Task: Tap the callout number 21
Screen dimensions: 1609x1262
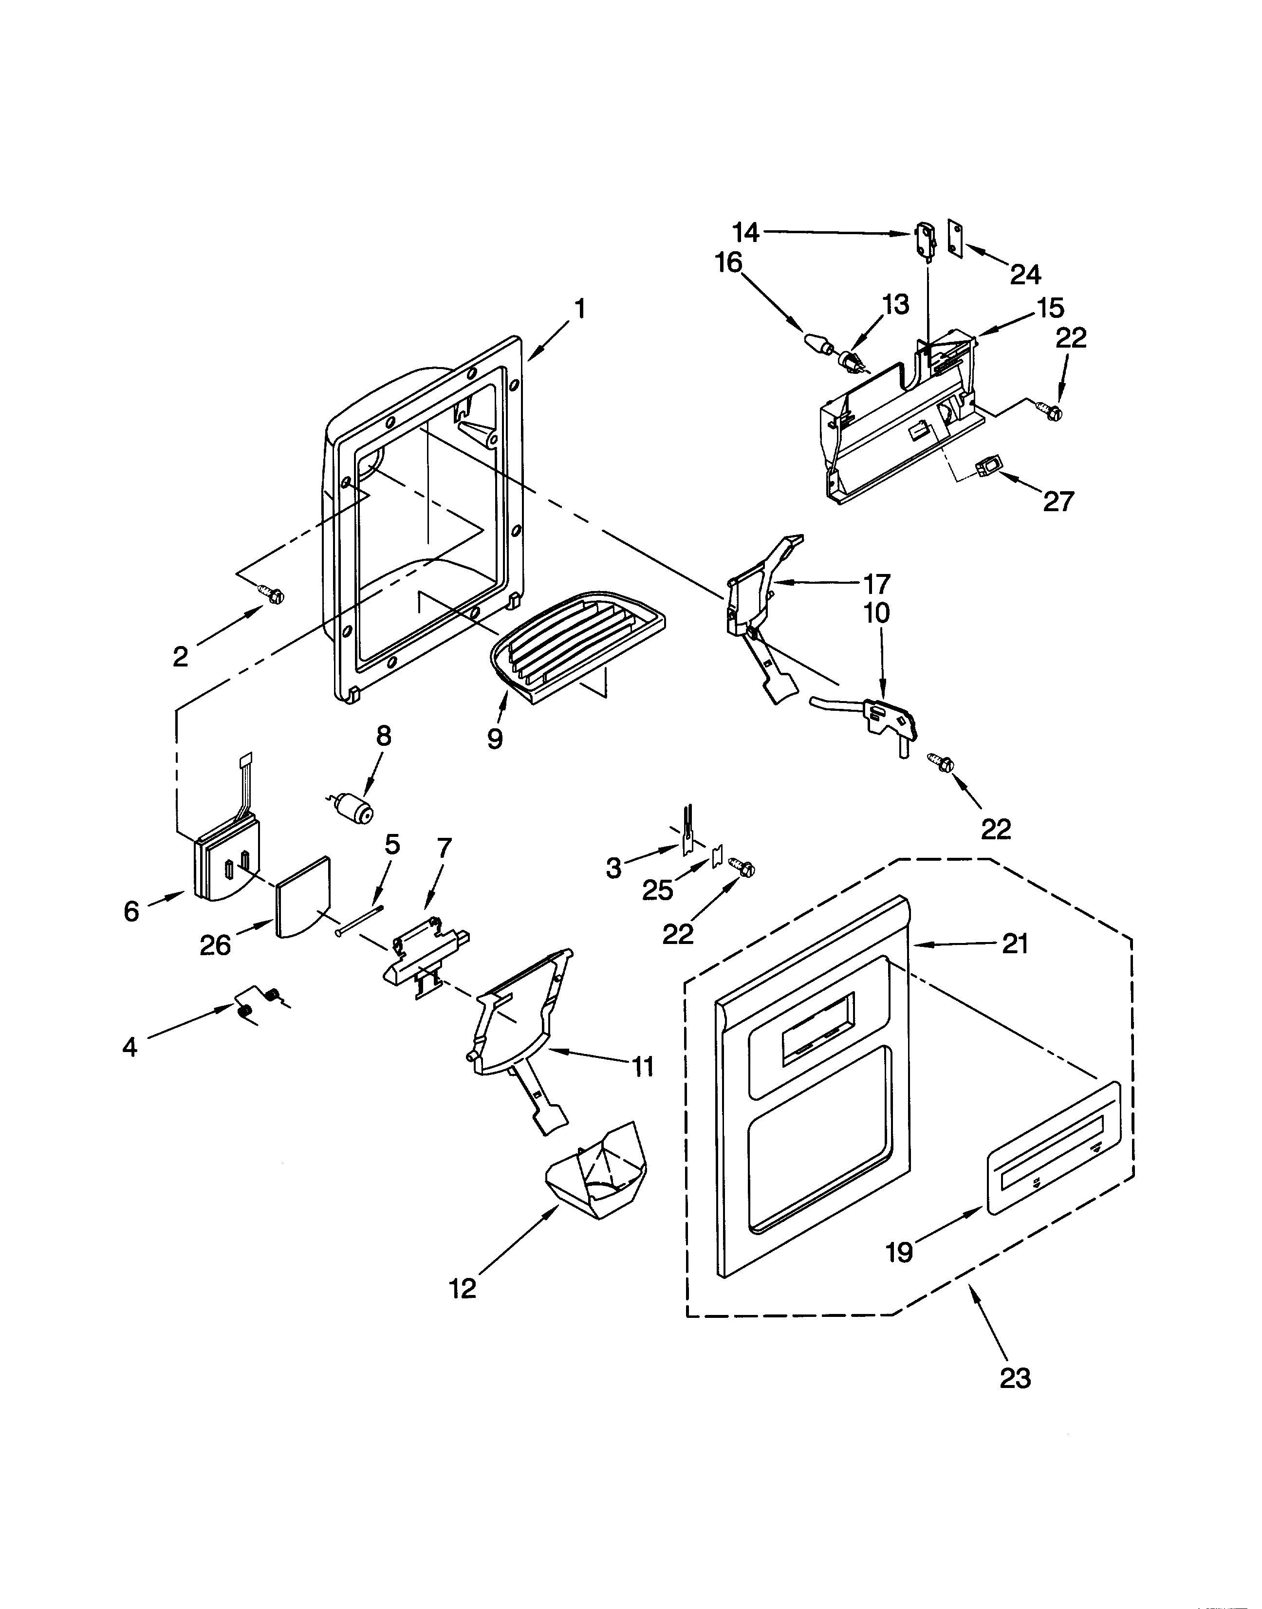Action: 1015,943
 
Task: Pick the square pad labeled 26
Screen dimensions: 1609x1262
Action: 303,898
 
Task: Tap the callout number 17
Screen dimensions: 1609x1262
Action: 876,584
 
